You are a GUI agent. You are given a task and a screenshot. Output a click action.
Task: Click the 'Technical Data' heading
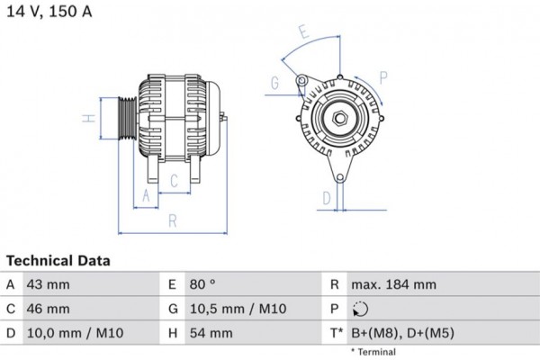58,261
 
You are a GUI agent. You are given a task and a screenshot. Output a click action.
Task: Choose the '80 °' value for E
205,284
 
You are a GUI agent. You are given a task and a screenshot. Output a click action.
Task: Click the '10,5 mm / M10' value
238,309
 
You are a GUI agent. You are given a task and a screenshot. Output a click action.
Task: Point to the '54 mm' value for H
211,333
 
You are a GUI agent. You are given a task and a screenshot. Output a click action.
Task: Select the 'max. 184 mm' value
393,284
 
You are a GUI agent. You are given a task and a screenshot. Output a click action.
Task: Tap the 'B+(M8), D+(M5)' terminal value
402,333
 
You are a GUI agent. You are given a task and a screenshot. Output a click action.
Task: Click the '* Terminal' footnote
374,351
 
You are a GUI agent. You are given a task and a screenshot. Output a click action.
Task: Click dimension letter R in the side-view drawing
170,219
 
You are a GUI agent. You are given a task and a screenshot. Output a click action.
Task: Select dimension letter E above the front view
304,33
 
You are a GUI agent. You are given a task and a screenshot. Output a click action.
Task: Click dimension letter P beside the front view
383,76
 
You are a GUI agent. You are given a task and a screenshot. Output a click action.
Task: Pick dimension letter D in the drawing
327,197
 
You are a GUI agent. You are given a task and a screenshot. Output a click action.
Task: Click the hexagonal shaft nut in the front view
340,120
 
